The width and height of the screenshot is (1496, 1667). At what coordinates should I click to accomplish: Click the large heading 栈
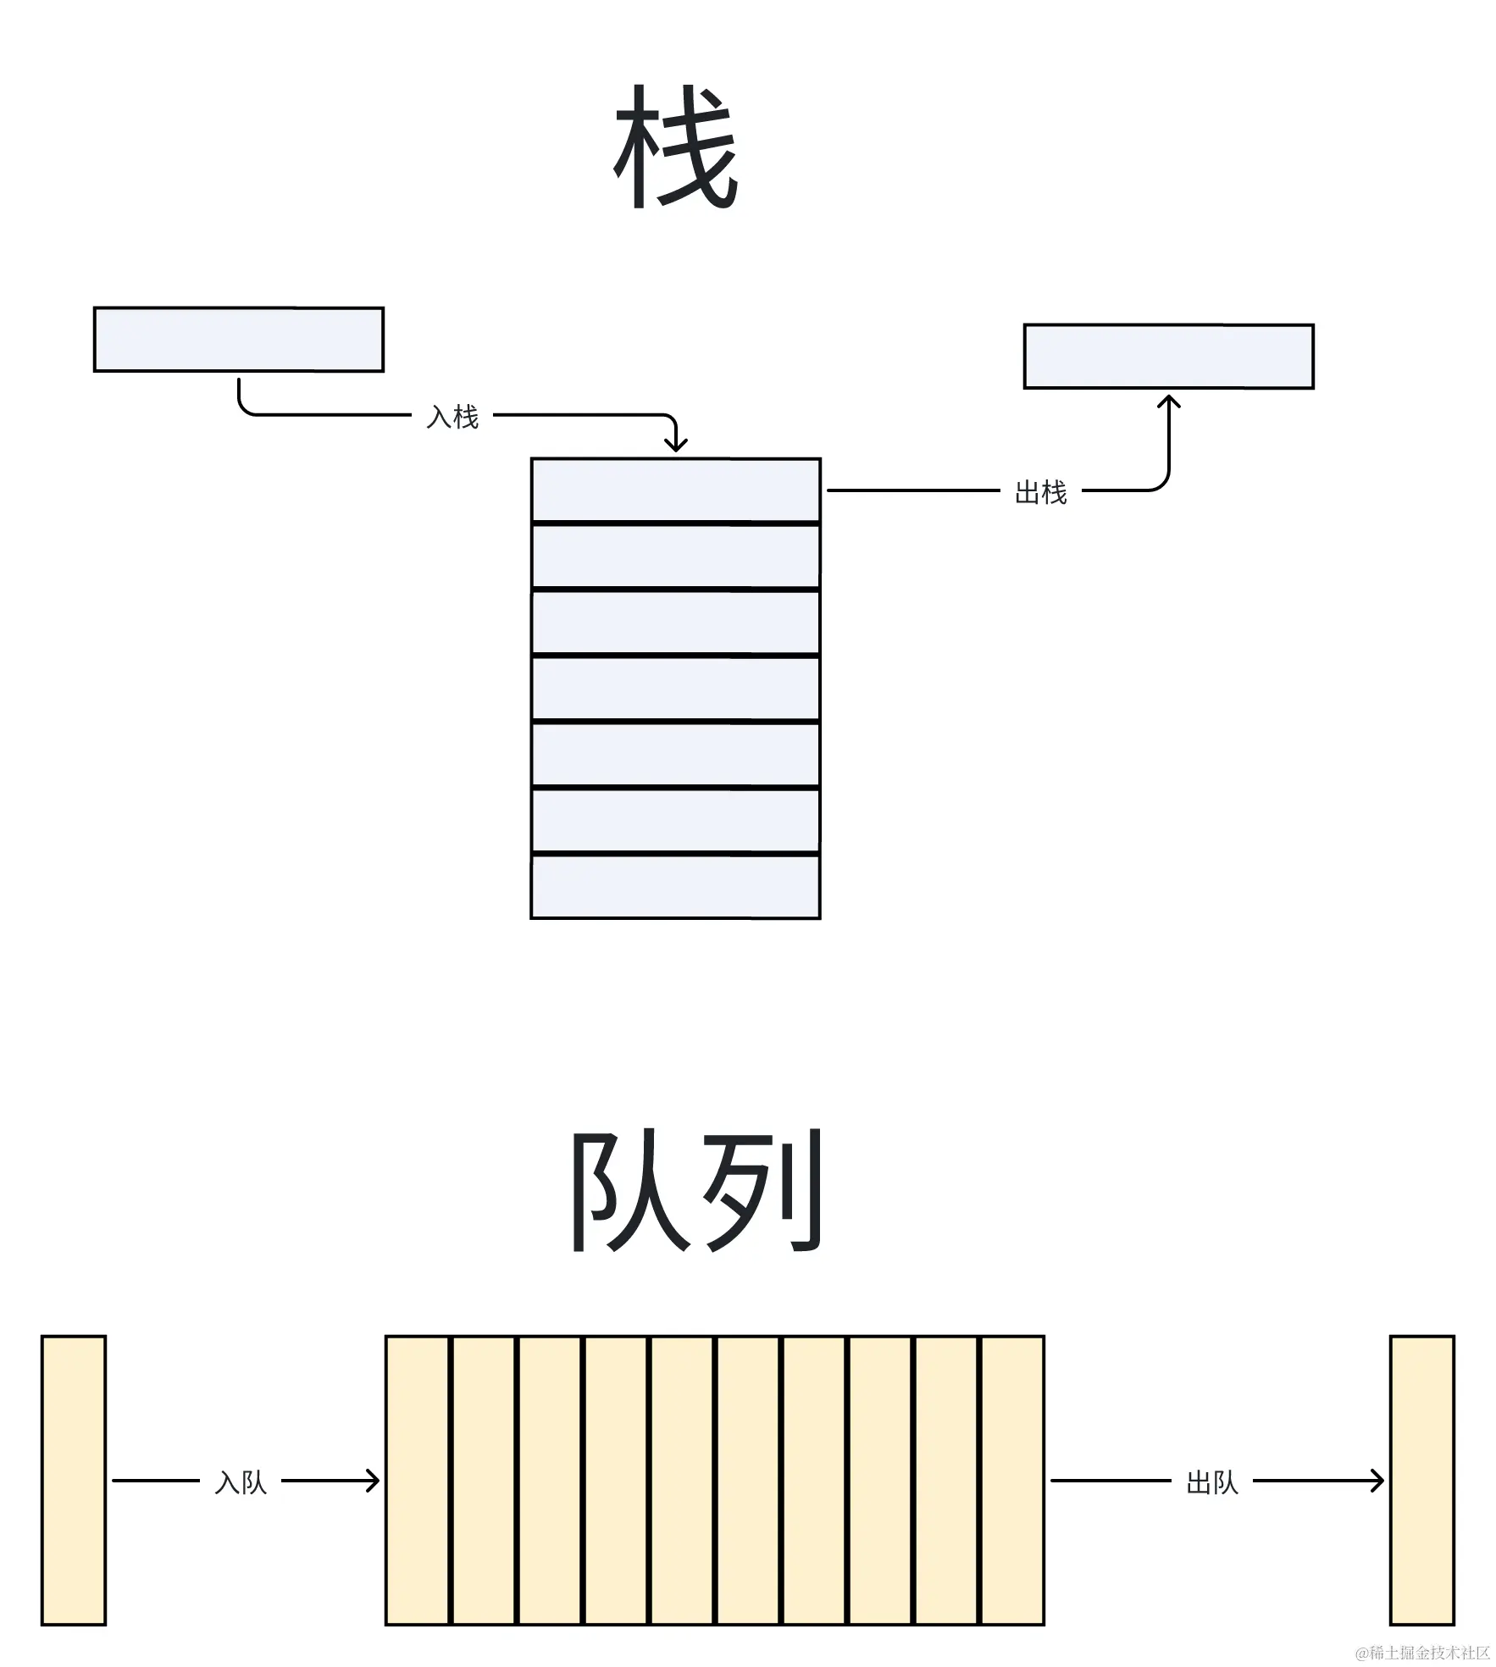(x=675, y=147)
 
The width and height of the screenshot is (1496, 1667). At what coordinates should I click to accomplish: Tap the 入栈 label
(x=452, y=417)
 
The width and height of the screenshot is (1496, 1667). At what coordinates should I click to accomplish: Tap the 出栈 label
(x=1040, y=492)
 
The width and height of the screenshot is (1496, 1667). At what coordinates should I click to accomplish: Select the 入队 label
(x=241, y=1482)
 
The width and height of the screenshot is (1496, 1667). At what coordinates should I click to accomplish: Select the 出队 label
(x=1212, y=1482)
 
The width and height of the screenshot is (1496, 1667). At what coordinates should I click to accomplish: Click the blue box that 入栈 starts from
(x=238, y=339)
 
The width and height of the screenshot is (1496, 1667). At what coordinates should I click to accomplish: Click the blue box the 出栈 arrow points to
(x=1168, y=356)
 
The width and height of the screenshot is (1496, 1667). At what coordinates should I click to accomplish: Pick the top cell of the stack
(x=675, y=490)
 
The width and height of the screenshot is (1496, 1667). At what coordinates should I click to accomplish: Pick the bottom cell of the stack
(x=675, y=886)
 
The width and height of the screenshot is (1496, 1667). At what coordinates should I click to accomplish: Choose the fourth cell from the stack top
(x=675, y=688)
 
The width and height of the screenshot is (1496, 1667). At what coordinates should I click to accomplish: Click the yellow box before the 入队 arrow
(x=74, y=1480)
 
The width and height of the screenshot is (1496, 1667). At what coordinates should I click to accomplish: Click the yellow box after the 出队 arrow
(x=1422, y=1480)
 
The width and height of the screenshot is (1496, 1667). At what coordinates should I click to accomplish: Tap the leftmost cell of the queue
(x=418, y=1480)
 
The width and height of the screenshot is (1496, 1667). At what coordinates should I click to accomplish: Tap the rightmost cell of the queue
(x=1012, y=1480)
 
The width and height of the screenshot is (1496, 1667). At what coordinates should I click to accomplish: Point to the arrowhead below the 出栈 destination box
(x=1168, y=401)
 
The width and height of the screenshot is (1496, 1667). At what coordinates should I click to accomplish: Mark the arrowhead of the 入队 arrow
(x=372, y=1481)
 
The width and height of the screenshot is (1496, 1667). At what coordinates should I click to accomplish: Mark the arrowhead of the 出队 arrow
(x=1377, y=1481)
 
